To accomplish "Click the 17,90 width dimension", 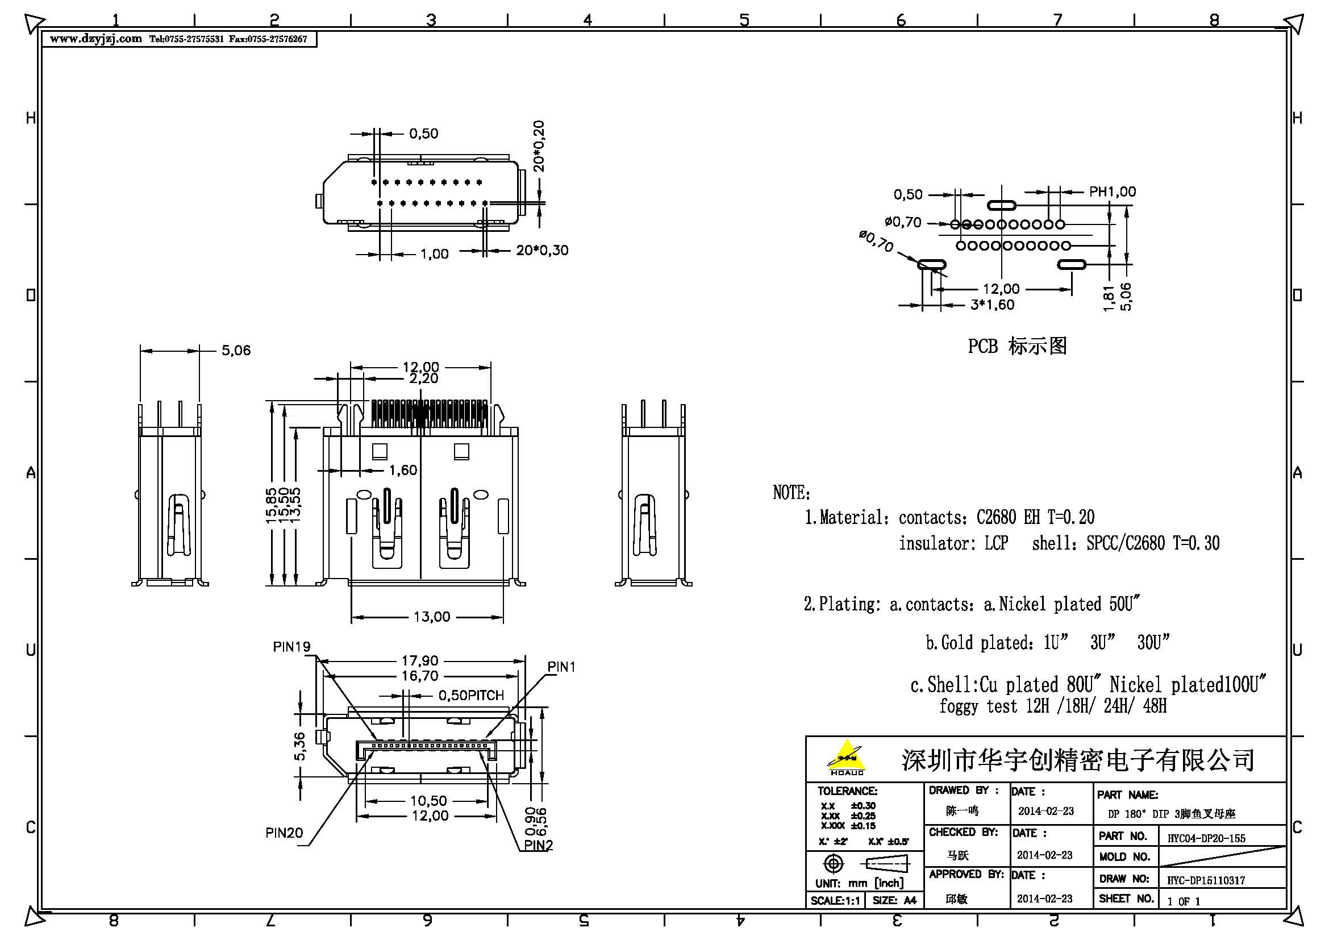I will click(x=420, y=660).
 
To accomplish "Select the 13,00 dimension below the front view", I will click(x=432, y=617).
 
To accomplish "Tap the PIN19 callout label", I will click(x=291, y=647).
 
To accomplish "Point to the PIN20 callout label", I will click(x=284, y=833).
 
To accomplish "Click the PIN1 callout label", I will click(x=561, y=667).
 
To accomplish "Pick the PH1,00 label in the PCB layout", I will click(x=1113, y=192).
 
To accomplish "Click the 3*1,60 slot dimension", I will click(x=992, y=305).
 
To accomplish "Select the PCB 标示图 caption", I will click(x=1017, y=346).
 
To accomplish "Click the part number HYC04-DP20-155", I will click(x=1206, y=838).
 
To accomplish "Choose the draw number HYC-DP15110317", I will click(x=1206, y=880).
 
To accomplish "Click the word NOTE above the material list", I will click(x=791, y=493).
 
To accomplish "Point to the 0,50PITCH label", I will click(x=471, y=695).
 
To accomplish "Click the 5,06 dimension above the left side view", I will click(x=236, y=350).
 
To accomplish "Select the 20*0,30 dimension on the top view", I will click(x=542, y=251).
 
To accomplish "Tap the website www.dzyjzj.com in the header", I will click(x=95, y=39).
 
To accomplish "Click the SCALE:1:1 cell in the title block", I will click(x=835, y=901).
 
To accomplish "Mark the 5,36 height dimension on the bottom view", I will click(x=299, y=746).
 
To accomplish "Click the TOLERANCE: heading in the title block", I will click(x=847, y=791).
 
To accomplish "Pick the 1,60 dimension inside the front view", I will click(x=403, y=470).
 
